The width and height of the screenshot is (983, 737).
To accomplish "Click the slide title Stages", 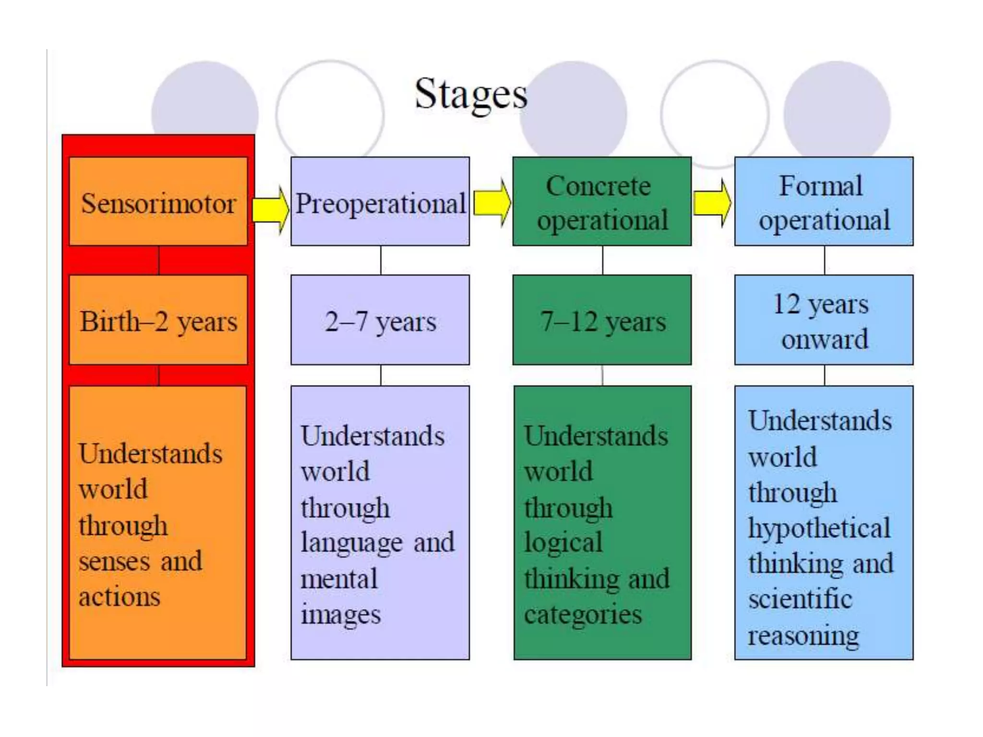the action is coord(471,94).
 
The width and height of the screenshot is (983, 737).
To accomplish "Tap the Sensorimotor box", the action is coord(158,202).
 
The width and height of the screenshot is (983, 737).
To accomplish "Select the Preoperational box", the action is coord(380,202).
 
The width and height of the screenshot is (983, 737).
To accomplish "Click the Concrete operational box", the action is coord(602,202).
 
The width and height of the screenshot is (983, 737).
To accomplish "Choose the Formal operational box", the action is coord(824,202).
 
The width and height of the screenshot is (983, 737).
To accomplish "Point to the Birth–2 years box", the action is coord(158,320).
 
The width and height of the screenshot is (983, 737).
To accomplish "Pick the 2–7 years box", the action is coord(380,320).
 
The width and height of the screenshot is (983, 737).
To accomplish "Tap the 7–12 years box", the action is coord(602,320).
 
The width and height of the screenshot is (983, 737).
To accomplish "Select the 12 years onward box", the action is coord(824,320).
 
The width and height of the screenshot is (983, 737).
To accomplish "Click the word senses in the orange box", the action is coord(115,561).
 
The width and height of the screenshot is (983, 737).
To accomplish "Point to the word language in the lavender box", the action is coord(352,544).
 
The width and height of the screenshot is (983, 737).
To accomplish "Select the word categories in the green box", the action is coord(583,615).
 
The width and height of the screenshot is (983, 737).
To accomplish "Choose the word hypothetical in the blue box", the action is coord(819,528).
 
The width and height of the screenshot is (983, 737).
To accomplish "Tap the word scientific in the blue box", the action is coord(800,599).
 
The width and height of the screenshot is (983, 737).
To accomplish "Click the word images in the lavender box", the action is coord(340,615).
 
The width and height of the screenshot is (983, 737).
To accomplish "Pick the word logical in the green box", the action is coord(563,544).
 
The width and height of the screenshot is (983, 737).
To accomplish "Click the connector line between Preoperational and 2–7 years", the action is coord(381,260).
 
